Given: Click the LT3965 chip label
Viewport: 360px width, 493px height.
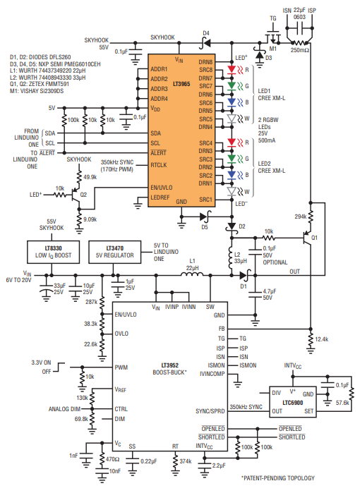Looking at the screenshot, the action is tap(181, 84).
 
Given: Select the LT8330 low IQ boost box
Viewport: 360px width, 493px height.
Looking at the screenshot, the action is tap(53, 252).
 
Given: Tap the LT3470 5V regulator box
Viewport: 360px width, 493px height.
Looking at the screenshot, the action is tap(114, 252).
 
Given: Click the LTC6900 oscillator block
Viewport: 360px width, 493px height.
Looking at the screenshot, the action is tap(293, 402).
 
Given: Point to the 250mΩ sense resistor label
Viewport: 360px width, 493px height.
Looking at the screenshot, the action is tap(299, 50).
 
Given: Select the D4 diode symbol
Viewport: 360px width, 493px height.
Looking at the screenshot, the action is tap(205, 42).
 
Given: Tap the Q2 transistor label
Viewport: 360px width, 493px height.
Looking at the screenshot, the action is tap(83, 195).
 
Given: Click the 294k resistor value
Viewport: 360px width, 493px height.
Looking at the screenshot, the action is tap(301, 217).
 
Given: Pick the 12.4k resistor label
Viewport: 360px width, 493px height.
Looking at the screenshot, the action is tap(322, 339).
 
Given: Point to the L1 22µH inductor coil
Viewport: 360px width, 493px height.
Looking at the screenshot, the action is tap(192, 274).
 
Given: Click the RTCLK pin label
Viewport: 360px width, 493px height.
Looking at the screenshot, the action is tap(159, 165).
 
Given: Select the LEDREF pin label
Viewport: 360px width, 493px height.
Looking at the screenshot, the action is tap(160, 197).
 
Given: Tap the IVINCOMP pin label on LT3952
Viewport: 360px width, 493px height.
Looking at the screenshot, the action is tap(212, 374).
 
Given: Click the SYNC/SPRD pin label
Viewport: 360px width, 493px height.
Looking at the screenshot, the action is tap(210, 411).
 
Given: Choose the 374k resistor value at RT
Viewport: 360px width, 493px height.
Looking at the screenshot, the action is tap(186, 461).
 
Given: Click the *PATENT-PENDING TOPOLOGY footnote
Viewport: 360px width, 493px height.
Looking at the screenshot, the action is tap(278, 478).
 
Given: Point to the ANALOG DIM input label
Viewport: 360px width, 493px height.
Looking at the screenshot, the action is tap(64, 409).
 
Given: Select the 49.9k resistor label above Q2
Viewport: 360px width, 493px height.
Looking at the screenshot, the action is tap(90, 177).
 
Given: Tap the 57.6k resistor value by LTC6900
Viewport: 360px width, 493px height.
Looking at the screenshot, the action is tap(342, 403).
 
